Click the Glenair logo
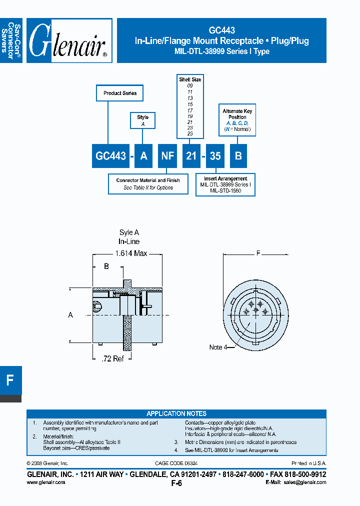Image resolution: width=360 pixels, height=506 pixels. pyautogui.click(x=69, y=41)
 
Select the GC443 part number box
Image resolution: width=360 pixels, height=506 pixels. pyautogui.click(x=110, y=156)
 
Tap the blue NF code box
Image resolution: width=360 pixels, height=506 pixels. pyautogui.click(x=167, y=156)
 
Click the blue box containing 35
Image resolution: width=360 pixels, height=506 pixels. pyautogui.click(x=215, y=156)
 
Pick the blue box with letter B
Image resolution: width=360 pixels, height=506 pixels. pyautogui.click(x=238, y=156)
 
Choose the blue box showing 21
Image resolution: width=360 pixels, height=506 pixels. pyautogui.click(x=191, y=156)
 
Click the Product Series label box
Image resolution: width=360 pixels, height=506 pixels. pyautogui.click(x=120, y=93)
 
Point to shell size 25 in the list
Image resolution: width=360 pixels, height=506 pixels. pyautogui.click(x=190, y=134)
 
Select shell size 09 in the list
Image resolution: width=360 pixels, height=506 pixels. pyautogui.click(x=190, y=86)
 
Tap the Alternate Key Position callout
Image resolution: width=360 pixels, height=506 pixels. pyautogui.click(x=237, y=120)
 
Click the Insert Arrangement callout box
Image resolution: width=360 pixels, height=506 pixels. pyautogui.click(x=225, y=184)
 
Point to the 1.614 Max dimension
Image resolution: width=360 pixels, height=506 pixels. pyautogui.click(x=131, y=253)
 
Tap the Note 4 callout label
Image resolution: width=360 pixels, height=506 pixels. pyautogui.click(x=216, y=347)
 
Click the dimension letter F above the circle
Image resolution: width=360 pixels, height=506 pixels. pyautogui.click(x=258, y=253)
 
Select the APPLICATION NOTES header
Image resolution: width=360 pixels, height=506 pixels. pyautogui.click(x=176, y=413)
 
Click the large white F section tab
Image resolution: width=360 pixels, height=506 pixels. pyautogui.click(x=10, y=380)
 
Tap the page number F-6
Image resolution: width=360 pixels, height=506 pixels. pyautogui.click(x=176, y=483)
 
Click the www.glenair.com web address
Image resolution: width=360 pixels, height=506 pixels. pyautogui.click(x=45, y=482)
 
